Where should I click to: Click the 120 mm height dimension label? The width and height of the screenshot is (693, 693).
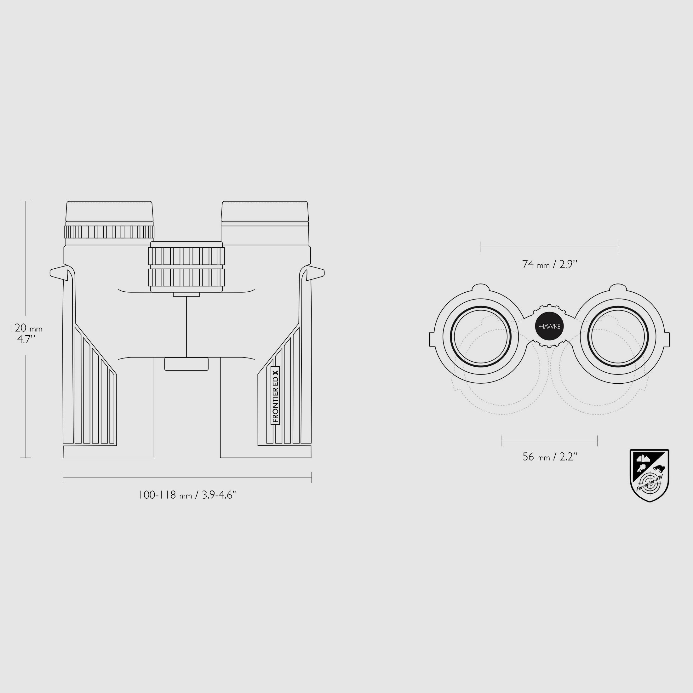(x=26, y=333)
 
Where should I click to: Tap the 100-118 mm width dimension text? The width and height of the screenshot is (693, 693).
(x=188, y=495)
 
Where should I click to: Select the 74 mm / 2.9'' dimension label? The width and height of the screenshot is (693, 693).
(x=550, y=264)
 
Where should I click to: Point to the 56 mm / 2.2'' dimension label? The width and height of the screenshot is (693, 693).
(x=550, y=457)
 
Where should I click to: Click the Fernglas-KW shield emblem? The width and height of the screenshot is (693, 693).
(x=650, y=475)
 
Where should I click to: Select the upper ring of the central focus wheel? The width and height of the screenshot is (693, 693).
(x=186, y=256)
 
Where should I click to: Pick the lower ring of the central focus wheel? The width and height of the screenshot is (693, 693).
(x=186, y=277)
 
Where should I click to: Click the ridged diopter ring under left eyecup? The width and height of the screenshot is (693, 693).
(x=109, y=232)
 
